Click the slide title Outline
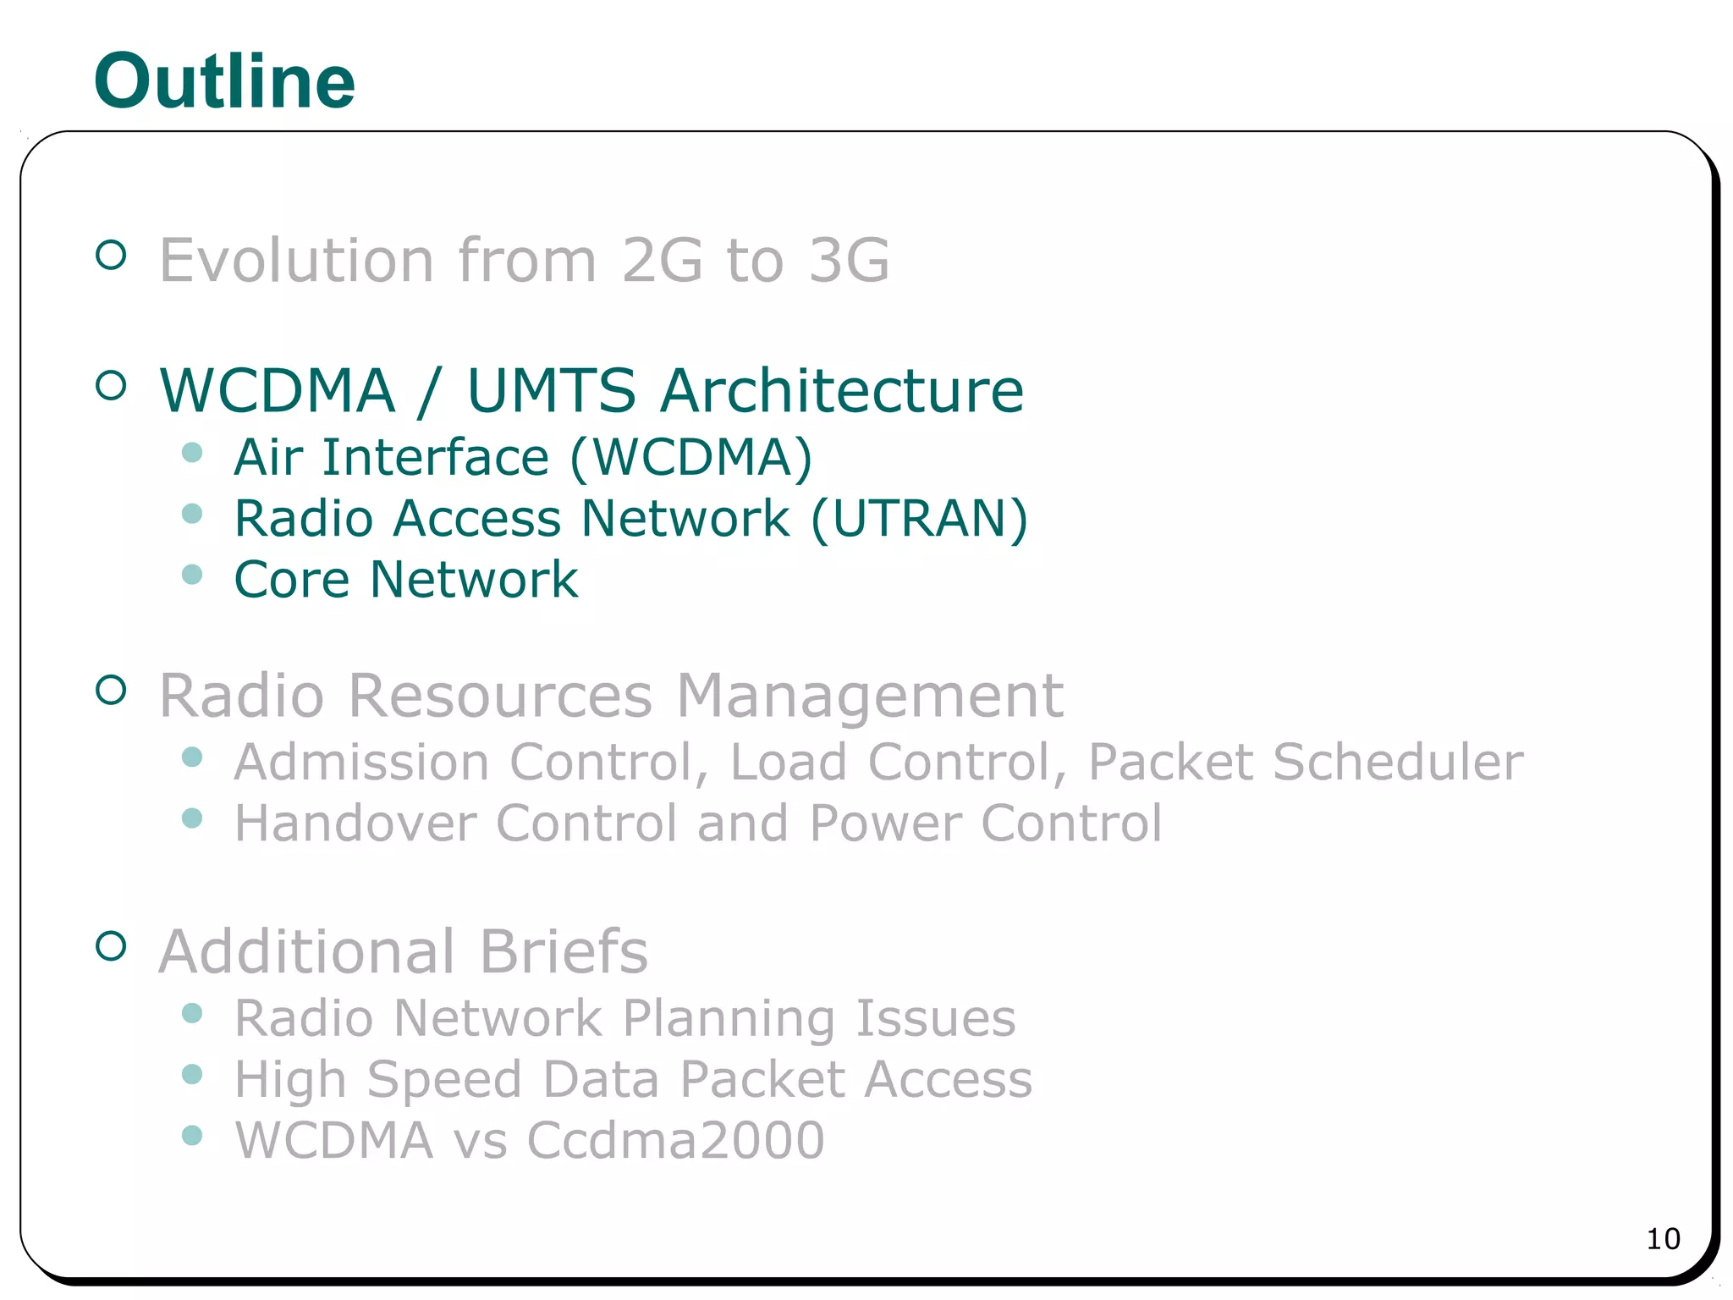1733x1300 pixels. [x=224, y=81]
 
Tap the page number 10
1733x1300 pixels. [x=1663, y=1239]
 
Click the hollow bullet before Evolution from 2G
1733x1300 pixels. [x=111, y=254]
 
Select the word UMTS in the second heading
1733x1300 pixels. [x=551, y=391]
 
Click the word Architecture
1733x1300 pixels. [x=842, y=391]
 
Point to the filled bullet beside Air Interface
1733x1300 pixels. [x=192, y=453]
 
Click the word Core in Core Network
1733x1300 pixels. [x=291, y=580]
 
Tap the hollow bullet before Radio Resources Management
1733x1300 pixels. [x=111, y=690]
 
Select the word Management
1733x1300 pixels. [x=869, y=697]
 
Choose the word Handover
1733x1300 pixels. [x=355, y=823]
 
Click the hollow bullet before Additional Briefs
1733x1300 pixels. [x=111, y=945]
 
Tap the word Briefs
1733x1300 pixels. [x=564, y=951]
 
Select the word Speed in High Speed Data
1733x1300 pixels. [x=444, y=1080]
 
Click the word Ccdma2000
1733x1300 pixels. [x=675, y=1140]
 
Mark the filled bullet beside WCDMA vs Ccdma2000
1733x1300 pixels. [x=192, y=1135]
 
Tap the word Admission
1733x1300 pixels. [x=361, y=762]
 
